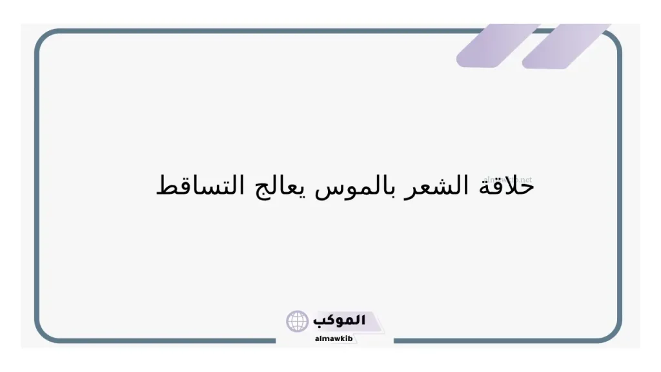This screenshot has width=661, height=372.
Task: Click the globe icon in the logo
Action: [x=298, y=321]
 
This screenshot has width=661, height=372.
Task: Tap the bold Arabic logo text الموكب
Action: [x=339, y=320]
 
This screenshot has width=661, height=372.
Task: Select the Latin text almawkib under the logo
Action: [x=334, y=338]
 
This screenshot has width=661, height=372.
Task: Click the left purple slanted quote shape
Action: [x=497, y=45]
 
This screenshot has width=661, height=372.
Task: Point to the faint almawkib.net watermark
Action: [x=507, y=178]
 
